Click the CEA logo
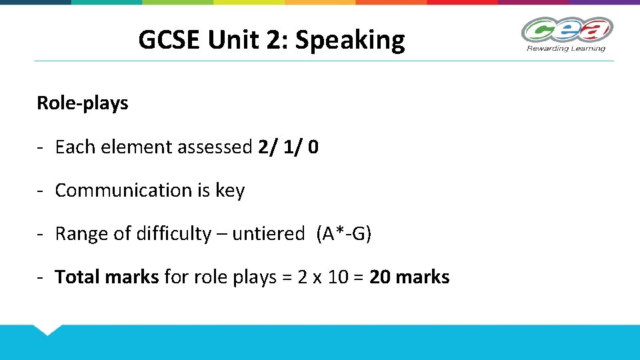coord(567,30)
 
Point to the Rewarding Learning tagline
coord(566,48)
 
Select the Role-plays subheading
coord(83,103)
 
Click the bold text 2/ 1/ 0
coord(287,147)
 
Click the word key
coord(230,191)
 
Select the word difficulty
coord(173,234)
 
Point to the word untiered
coord(268,234)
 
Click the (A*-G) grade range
coord(343,234)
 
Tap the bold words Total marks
coord(107,277)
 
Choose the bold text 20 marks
coord(409,277)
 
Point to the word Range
coord(79,234)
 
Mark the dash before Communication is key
coord(41,191)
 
